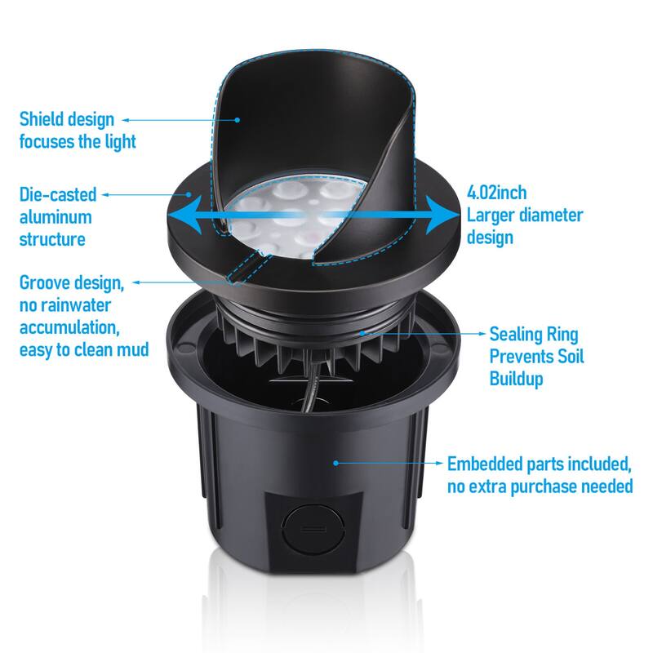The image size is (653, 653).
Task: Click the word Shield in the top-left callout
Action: (x=42, y=120)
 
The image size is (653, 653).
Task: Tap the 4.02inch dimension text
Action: (x=496, y=193)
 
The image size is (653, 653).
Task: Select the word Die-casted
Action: (x=58, y=195)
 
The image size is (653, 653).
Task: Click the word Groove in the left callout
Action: (x=46, y=283)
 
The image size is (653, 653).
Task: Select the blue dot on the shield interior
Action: (x=238, y=119)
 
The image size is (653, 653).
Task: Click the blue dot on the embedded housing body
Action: (x=336, y=463)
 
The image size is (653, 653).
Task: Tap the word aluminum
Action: (x=56, y=217)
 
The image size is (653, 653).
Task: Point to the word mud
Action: (x=133, y=350)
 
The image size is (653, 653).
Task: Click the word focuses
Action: (x=47, y=142)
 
